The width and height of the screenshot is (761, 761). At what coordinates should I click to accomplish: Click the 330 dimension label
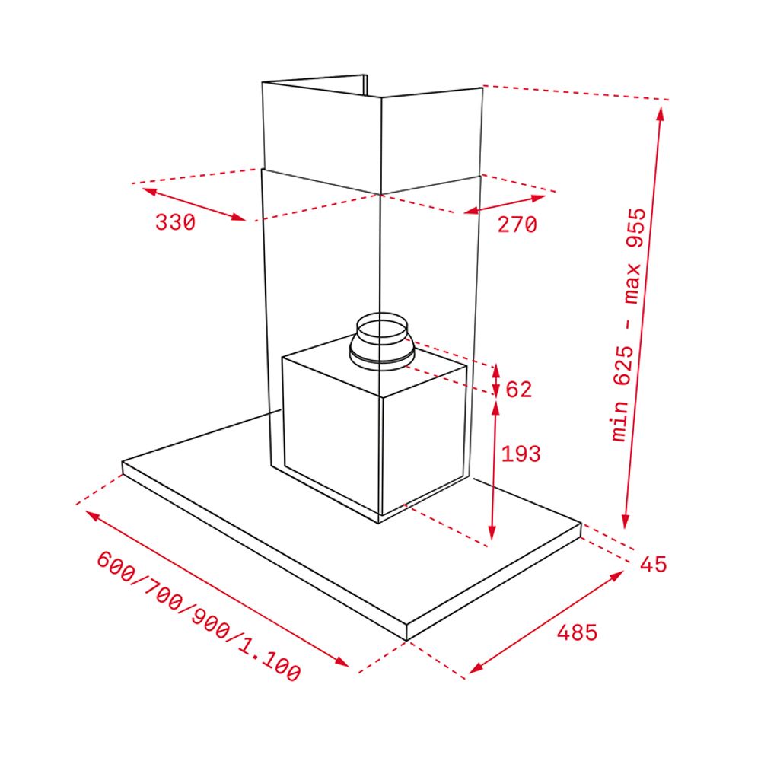pyautogui.click(x=175, y=222)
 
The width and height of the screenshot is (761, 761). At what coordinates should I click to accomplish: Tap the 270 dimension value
pyautogui.click(x=517, y=224)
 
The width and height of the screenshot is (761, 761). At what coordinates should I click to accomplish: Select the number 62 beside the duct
pyautogui.click(x=519, y=389)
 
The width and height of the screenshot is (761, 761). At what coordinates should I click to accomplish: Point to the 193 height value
pyautogui.click(x=521, y=454)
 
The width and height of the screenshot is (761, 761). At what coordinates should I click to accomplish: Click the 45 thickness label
pyautogui.click(x=653, y=564)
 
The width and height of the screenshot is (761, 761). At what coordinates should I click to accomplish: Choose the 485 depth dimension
pyautogui.click(x=577, y=632)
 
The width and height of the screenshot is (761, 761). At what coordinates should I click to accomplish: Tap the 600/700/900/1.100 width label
pyautogui.click(x=199, y=616)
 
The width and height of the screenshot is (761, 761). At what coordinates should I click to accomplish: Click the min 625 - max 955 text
pyautogui.click(x=629, y=325)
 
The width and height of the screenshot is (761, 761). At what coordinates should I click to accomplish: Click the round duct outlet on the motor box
pyautogui.click(x=381, y=341)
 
